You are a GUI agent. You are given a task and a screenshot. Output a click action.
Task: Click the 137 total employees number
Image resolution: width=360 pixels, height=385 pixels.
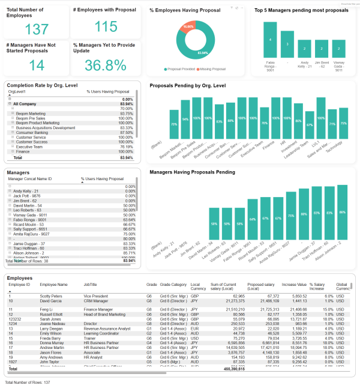click(x=37, y=29)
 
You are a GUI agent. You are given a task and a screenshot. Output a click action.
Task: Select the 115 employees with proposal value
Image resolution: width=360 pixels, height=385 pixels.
click(x=106, y=26)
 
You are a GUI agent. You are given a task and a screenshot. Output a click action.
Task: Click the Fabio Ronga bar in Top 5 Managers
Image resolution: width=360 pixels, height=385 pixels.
click(x=271, y=40)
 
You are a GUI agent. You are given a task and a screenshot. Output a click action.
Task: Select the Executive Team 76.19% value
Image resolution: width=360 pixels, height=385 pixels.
click(x=126, y=146)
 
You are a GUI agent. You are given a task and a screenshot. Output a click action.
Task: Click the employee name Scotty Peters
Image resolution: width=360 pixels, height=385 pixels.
click(x=52, y=296)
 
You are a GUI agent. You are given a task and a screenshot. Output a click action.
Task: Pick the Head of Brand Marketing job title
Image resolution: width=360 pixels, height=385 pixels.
click(x=104, y=314)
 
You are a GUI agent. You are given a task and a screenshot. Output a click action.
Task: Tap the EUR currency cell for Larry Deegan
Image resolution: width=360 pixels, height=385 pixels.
click(x=194, y=329)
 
